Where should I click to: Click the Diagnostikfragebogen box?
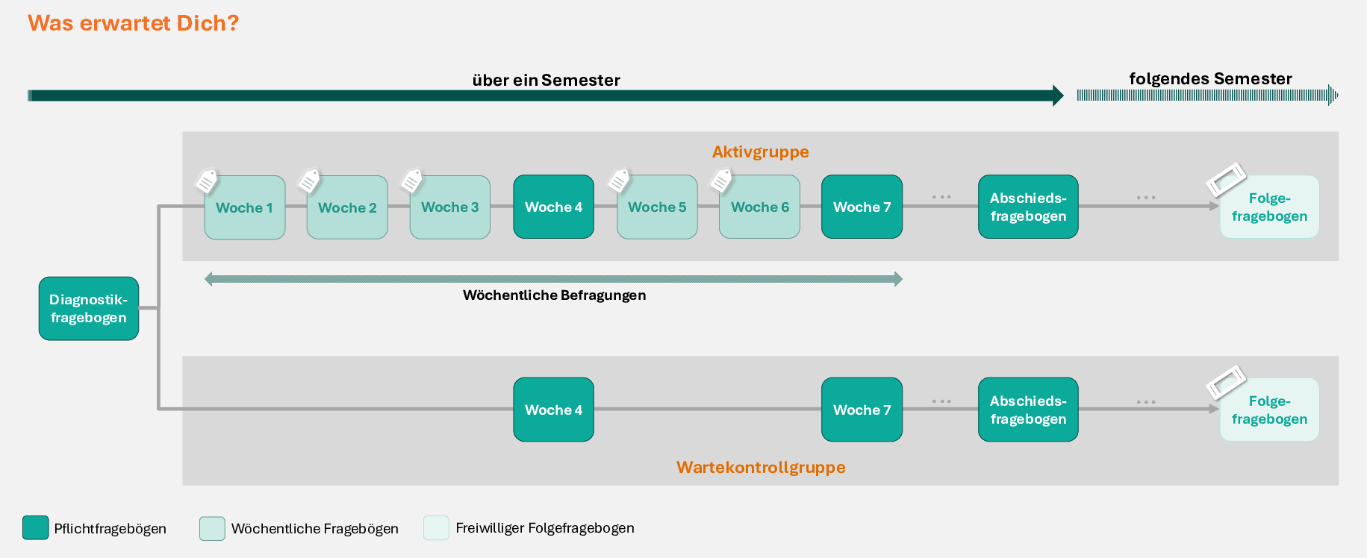click(x=89, y=309)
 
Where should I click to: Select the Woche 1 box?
click(x=245, y=207)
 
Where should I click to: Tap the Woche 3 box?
click(x=450, y=207)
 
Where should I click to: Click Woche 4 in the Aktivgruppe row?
click(x=553, y=207)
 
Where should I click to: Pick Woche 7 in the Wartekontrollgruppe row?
click(x=862, y=410)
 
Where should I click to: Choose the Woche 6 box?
click(x=759, y=207)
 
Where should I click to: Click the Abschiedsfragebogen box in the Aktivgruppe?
click(x=1028, y=207)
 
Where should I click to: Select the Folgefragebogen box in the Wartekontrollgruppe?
click(x=1269, y=410)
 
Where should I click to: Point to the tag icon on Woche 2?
click(x=309, y=181)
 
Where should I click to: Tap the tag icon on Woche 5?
click(x=619, y=181)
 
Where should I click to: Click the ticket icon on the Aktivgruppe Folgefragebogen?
click(x=1226, y=179)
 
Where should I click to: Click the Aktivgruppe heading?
click(x=760, y=152)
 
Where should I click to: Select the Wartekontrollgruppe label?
click(x=761, y=468)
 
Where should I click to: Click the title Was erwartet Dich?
click(x=134, y=23)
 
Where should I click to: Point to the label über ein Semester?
click(x=546, y=81)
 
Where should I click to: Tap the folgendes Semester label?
click(x=1210, y=79)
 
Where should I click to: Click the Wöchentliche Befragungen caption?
click(x=554, y=295)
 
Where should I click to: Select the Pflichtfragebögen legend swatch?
click(x=36, y=527)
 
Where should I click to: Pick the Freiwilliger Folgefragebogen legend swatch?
click(x=436, y=527)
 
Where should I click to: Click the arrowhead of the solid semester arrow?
click(x=1058, y=95)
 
